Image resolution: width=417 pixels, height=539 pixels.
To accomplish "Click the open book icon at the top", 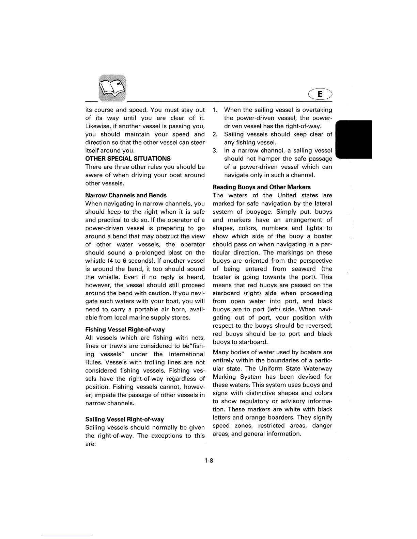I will click(112, 88).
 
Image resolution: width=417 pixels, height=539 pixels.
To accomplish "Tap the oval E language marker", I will click(320, 94).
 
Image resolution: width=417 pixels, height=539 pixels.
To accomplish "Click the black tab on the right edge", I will click(354, 139).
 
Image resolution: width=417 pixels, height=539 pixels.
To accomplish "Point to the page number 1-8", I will click(208, 461).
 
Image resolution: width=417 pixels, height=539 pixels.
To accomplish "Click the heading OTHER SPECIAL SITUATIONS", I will click(128, 159).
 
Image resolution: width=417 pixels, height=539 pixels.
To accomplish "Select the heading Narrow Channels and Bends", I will click(126, 195).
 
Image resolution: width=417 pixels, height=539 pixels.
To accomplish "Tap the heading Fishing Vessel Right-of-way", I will click(125, 329).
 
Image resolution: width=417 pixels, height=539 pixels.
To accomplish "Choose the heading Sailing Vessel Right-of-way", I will click(125, 419).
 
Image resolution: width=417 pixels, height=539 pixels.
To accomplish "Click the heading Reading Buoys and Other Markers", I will click(261, 187).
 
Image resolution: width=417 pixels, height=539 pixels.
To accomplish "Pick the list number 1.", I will click(215, 110).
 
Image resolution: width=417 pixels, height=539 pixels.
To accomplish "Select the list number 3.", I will click(215, 150).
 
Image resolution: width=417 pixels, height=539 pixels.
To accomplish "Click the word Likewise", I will click(98, 126).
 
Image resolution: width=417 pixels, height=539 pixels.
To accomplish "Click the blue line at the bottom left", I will click(67, 536).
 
